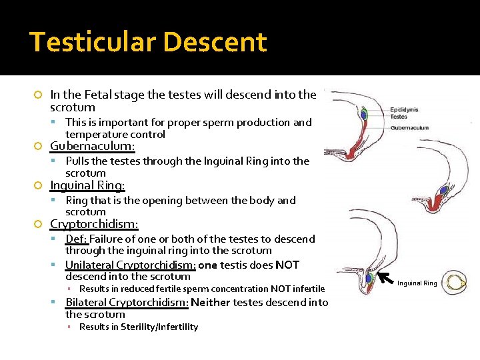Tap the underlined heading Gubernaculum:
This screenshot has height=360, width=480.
(x=93, y=146)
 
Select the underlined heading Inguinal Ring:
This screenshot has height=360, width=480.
(x=87, y=185)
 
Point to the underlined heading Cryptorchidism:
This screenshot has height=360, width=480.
(x=95, y=224)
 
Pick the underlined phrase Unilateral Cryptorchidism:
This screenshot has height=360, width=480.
(x=131, y=265)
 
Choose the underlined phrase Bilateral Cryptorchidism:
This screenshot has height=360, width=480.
(x=127, y=303)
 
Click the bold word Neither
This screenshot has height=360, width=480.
(x=213, y=303)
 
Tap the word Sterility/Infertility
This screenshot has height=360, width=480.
(x=159, y=327)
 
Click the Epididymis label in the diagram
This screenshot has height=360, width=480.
(x=405, y=109)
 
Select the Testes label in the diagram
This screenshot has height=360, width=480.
(x=398, y=117)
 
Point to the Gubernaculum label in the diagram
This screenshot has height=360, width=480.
(x=409, y=127)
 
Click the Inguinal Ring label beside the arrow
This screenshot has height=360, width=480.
(x=417, y=283)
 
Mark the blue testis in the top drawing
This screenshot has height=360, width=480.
(x=364, y=115)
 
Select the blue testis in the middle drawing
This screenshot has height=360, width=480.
(x=443, y=190)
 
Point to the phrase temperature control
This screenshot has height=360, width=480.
(x=115, y=134)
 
